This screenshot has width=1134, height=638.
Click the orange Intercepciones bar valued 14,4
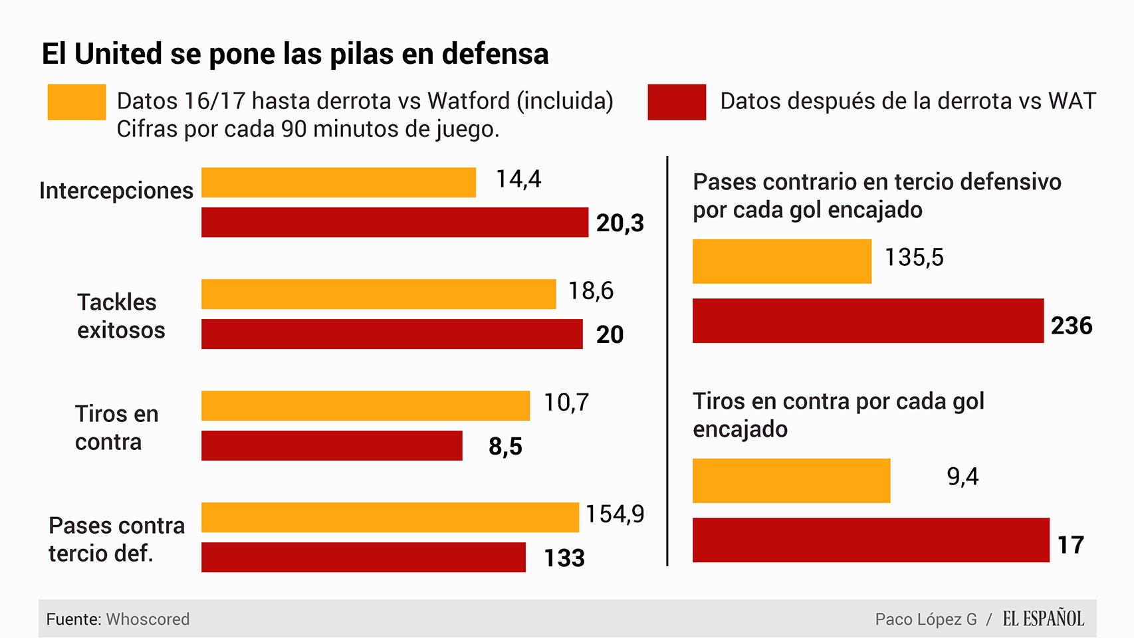coord(338,183)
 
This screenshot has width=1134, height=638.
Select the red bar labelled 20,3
coord(394,223)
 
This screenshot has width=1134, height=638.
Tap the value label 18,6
coord(590,291)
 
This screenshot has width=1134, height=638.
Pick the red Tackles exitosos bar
coord(392,334)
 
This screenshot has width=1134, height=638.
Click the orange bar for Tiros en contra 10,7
coord(366,405)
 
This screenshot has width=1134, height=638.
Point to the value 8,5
coord(505,447)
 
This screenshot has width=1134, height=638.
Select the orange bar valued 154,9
coord(390,517)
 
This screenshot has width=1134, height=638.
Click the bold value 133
coord(564,558)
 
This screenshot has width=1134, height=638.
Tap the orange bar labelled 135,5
coord(782,261)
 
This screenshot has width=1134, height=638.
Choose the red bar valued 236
coord(867,321)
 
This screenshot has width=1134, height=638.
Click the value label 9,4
coord(962,477)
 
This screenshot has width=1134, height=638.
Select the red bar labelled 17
coord(871,540)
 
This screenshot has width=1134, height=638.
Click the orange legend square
coord(76,102)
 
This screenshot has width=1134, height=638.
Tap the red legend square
coord(677,102)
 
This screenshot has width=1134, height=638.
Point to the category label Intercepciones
coord(116,191)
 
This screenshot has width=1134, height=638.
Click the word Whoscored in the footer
coord(148,619)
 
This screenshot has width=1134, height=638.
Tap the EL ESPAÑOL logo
coord(1043,619)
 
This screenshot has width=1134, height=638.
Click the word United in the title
coord(118,54)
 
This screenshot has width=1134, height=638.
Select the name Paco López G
coord(925,619)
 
